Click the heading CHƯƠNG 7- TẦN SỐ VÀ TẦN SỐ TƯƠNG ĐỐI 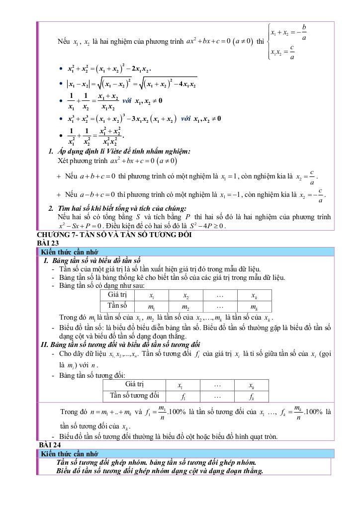114,235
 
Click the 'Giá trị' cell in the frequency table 117,295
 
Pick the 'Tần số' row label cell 117,306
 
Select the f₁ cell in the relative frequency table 183,396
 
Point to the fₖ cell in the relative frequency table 251,396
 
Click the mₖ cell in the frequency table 254,306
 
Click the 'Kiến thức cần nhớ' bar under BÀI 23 70,252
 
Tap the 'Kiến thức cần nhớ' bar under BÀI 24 70,454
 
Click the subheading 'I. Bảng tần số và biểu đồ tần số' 92,260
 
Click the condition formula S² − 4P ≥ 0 206,226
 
